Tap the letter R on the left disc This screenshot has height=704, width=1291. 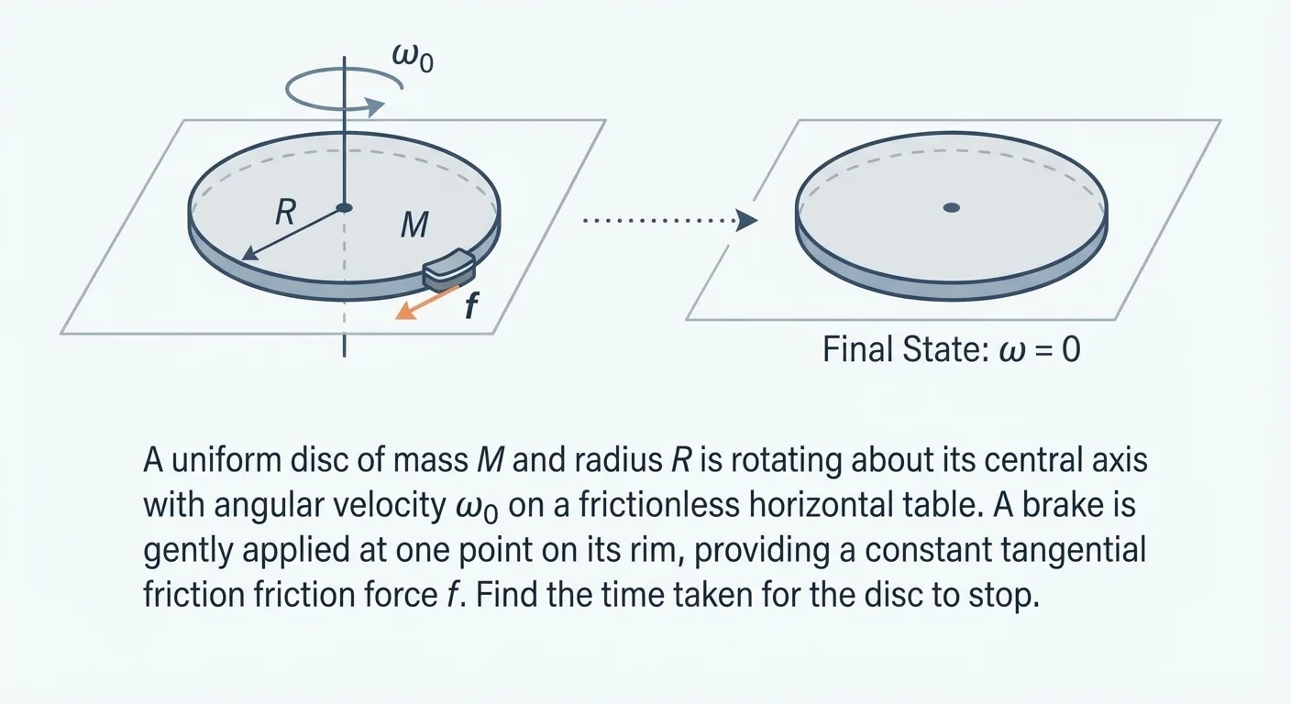(x=285, y=214)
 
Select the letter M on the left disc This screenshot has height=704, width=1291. (x=414, y=225)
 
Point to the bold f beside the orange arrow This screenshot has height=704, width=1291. (x=470, y=305)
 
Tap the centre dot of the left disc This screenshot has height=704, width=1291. (x=344, y=208)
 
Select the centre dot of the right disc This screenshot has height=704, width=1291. (x=951, y=208)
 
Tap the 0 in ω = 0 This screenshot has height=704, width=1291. (x=1070, y=350)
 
